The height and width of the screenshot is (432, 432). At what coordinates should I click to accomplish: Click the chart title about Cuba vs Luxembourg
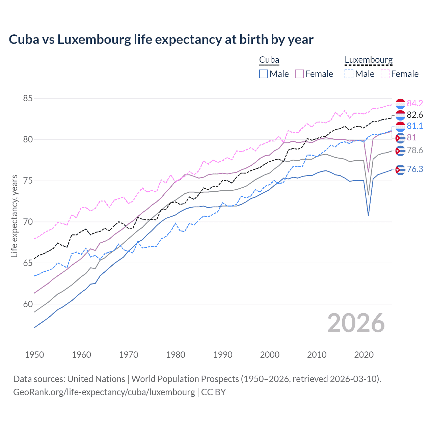[161, 39]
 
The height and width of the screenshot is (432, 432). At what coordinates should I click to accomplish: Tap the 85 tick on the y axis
[28, 99]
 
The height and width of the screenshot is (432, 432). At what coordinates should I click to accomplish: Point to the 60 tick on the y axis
[28, 304]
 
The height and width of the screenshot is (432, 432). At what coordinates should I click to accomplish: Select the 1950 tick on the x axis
[34, 355]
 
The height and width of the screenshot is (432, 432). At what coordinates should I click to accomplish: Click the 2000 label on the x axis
[270, 355]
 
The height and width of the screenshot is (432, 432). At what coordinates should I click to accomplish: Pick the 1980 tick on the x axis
[175, 355]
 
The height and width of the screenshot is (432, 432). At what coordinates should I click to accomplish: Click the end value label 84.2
[415, 103]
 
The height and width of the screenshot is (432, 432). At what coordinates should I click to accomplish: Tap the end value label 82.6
[415, 115]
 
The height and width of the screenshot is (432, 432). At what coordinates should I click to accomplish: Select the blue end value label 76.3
[415, 169]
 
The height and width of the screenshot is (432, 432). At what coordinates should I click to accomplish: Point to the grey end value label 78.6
[415, 150]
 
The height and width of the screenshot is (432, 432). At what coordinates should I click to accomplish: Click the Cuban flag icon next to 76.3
[400, 170]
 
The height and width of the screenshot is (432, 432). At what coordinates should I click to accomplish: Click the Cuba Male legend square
[264, 74]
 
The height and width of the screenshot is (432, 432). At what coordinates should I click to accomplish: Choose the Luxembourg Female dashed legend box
[385, 74]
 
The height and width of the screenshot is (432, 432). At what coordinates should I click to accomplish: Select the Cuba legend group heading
[269, 60]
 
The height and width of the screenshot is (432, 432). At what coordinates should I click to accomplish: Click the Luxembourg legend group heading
[369, 60]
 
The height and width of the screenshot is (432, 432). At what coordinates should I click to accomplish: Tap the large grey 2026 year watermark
[356, 323]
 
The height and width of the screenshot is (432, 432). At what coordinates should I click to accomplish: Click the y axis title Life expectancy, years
[15, 216]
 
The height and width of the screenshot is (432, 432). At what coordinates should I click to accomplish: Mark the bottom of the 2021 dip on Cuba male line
[368, 215]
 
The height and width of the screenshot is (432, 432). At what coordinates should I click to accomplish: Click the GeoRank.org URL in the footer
[104, 392]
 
